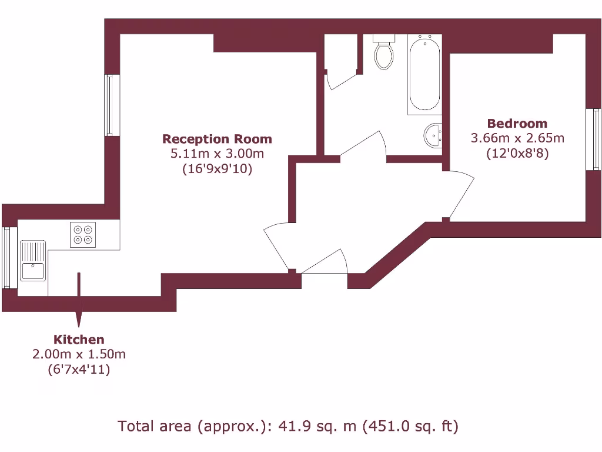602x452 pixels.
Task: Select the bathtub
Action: (x=424, y=74)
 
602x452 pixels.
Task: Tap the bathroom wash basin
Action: (x=433, y=136)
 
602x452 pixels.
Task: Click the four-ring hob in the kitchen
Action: (x=82, y=234)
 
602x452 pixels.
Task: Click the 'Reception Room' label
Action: (x=217, y=139)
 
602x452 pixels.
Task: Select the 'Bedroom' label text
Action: (x=517, y=124)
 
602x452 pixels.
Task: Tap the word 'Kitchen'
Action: (x=79, y=340)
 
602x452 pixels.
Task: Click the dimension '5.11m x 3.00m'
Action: (x=217, y=154)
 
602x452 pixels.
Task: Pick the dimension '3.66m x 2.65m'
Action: (x=517, y=138)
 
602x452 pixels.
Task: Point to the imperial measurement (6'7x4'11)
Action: (x=79, y=370)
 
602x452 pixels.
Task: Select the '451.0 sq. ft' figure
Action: (x=411, y=426)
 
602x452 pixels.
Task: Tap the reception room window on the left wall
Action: (x=109, y=105)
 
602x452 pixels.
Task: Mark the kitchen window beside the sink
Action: (x=6, y=258)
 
